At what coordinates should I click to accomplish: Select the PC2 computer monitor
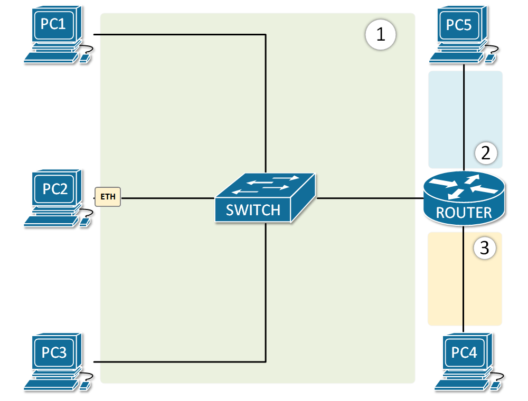pos(55,189)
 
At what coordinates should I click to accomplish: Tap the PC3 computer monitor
pos(55,352)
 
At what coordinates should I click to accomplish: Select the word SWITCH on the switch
pos(253,210)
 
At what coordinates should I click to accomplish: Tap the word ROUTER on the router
pos(464,213)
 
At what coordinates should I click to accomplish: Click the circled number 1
pos(381,35)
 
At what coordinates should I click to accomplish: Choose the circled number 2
pos(486,154)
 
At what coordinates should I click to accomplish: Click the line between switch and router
pos(370,199)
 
